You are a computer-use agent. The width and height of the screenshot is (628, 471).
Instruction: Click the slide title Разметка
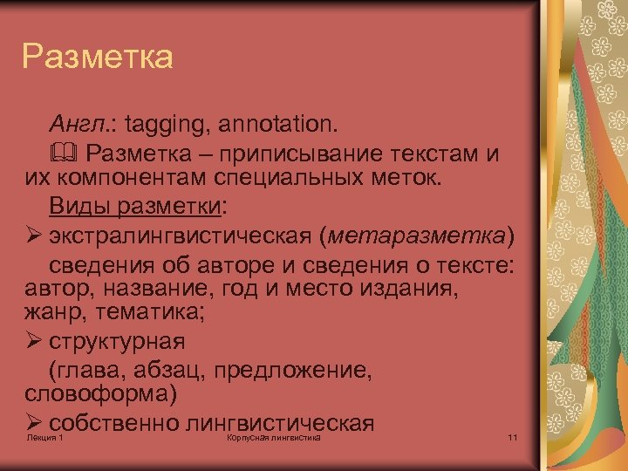pos(98,58)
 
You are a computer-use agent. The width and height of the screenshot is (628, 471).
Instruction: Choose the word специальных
pos(278,179)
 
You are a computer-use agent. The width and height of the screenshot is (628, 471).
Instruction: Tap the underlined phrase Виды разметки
pos(135,208)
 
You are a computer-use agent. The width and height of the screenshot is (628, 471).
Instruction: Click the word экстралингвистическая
pos(182,236)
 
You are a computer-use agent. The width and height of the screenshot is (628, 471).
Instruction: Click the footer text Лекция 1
pos(45,437)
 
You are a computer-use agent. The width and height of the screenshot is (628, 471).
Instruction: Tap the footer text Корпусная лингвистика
pos(273,437)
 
